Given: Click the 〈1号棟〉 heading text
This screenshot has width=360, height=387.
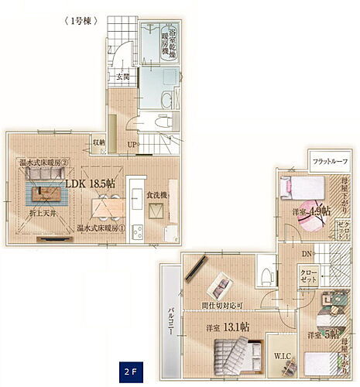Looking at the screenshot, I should pos(77,22).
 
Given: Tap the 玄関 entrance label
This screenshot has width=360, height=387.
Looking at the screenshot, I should pos(123,76).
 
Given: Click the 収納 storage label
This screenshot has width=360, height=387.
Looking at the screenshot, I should pos(99,142).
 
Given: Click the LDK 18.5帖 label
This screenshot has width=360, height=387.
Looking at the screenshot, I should pos(90,184).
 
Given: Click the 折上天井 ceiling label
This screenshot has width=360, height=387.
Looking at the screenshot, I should pos(43,213).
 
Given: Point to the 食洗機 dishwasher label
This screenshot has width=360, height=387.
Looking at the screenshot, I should pos(157,194).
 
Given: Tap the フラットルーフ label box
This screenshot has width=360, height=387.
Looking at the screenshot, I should pos(330,162).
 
